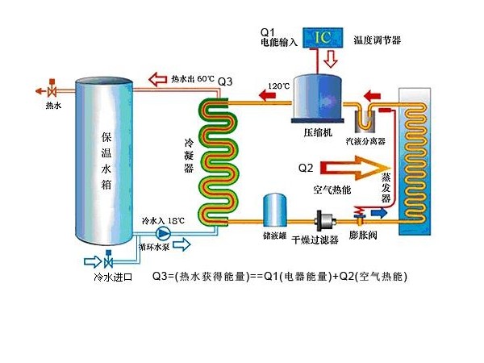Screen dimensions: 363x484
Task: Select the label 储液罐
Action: (274, 238)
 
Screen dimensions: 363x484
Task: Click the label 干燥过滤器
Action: (313, 240)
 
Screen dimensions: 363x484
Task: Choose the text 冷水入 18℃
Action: (163, 219)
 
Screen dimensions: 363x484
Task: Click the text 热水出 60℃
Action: (192, 80)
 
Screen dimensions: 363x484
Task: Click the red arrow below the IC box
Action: (331, 60)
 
